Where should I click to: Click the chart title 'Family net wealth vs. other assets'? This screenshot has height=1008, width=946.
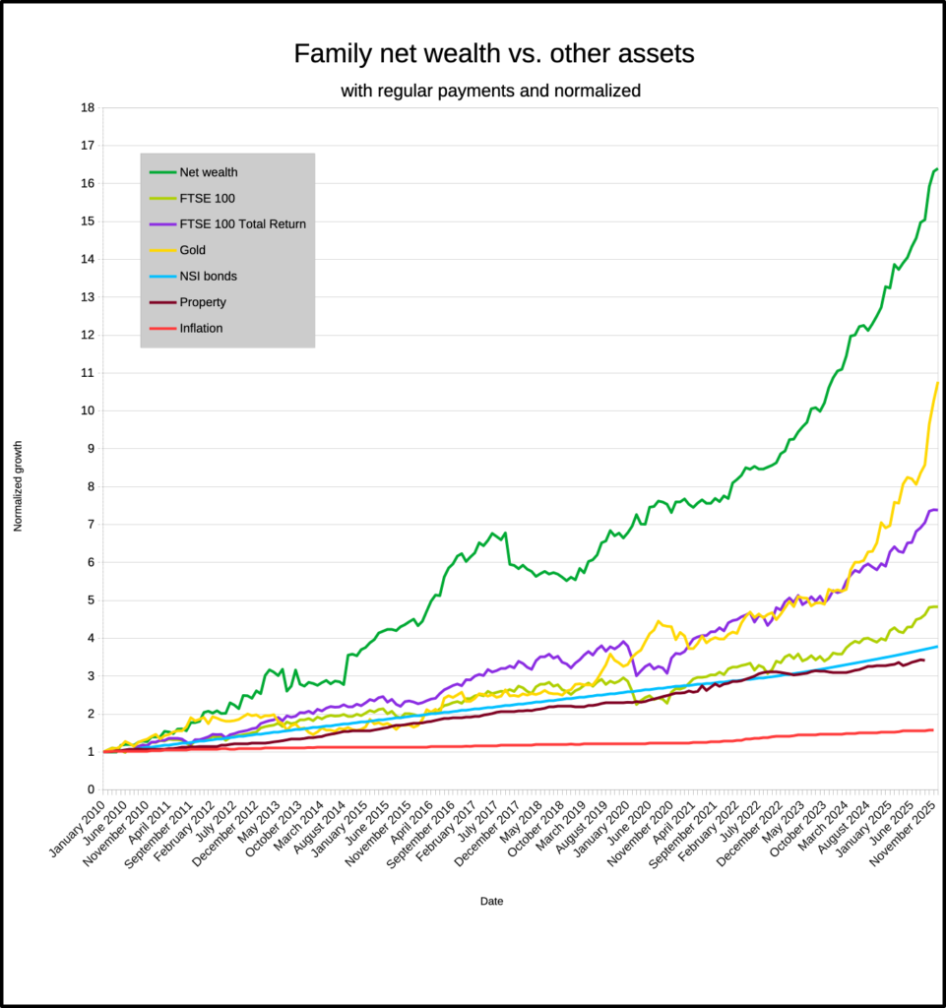tap(493, 54)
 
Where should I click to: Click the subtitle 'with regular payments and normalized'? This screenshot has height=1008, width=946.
tap(490, 92)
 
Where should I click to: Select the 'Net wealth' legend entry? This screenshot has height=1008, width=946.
tap(209, 172)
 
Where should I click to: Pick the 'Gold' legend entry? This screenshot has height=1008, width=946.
tap(192, 250)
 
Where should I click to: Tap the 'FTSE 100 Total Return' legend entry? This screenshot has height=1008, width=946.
tap(242, 224)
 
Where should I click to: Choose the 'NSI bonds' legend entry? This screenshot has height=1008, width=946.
tap(208, 277)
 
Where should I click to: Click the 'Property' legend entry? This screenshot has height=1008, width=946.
tap(203, 302)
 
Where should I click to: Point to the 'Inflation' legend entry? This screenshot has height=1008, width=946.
tap(201, 328)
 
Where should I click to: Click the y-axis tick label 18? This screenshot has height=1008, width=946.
tap(87, 107)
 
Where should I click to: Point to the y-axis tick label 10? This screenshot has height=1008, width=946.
tap(87, 410)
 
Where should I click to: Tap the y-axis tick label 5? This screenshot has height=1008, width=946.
tap(91, 599)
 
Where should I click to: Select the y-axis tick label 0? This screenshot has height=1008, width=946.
tap(91, 789)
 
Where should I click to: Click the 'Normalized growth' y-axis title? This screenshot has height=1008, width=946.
tap(18, 486)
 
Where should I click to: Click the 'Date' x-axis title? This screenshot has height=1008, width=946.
tap(492, 901)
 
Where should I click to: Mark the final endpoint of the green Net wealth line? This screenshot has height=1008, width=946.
tap(936, 169)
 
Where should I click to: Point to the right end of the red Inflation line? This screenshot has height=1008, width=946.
tap(932, 729)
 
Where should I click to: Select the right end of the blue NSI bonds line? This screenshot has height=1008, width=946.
tap(937, 646)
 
